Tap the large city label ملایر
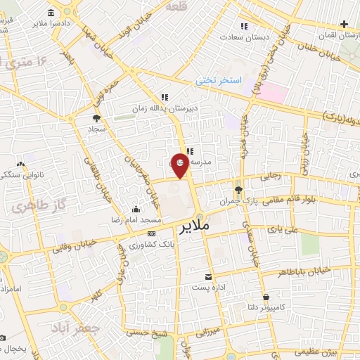[x=195, y=227]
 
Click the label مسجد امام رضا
[x=136, y=220]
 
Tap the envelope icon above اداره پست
[x=208, y=276]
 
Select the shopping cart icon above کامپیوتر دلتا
[x=266, y=297]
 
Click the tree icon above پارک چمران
[x=238, y=189]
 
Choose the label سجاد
[x=96, y=130]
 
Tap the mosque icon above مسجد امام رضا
[x=136, y=209]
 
